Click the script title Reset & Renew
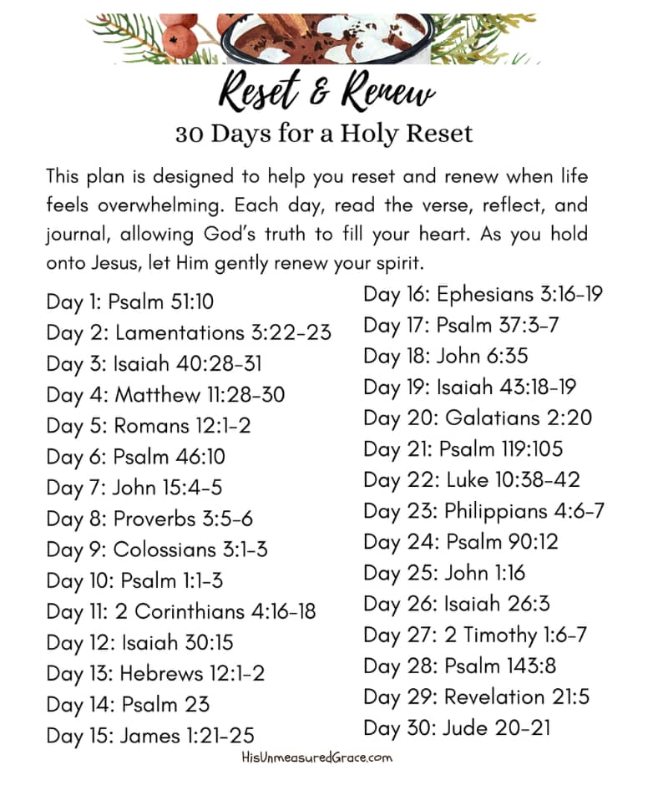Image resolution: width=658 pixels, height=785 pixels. pos(326,91)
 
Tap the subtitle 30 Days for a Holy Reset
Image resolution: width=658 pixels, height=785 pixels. pos(324,134)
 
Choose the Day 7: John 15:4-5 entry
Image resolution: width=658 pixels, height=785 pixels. pos(134,487)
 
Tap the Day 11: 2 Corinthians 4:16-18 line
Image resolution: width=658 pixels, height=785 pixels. pos(181,611)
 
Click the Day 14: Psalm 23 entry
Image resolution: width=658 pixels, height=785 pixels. pos(128,704)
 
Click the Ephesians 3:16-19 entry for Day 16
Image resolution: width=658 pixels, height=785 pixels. pos(483,294)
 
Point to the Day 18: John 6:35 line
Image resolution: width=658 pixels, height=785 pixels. pos(446,356)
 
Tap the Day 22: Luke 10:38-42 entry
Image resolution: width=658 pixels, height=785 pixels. pos(472,479)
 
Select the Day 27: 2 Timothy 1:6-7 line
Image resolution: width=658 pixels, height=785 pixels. pos(475,635)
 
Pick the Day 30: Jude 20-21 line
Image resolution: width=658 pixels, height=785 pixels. pos(458,727)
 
